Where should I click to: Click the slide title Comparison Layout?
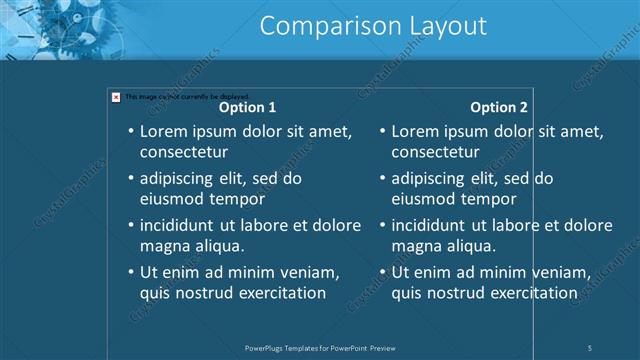pyautogui.click(x=373, y=25)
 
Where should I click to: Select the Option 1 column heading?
pyautogui.click(x=247, y=108)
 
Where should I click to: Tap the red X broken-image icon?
pyautogui.click(x=116, y=97)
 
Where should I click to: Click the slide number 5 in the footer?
pyautogui.click(x=589, y=347)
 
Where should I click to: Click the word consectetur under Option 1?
pyautogui.click(x=184, y=152)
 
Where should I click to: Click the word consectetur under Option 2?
pyautogui.click(x=435, y=152)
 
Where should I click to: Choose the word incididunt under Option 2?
pyautogui.click(x=431, y=225)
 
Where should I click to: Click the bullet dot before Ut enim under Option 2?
pyautogui.click(x=381, y=272)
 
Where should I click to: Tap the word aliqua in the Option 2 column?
pyautogui.click(x=470, y=245)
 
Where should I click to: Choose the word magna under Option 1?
pyautogui.click(x=163, y=245)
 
